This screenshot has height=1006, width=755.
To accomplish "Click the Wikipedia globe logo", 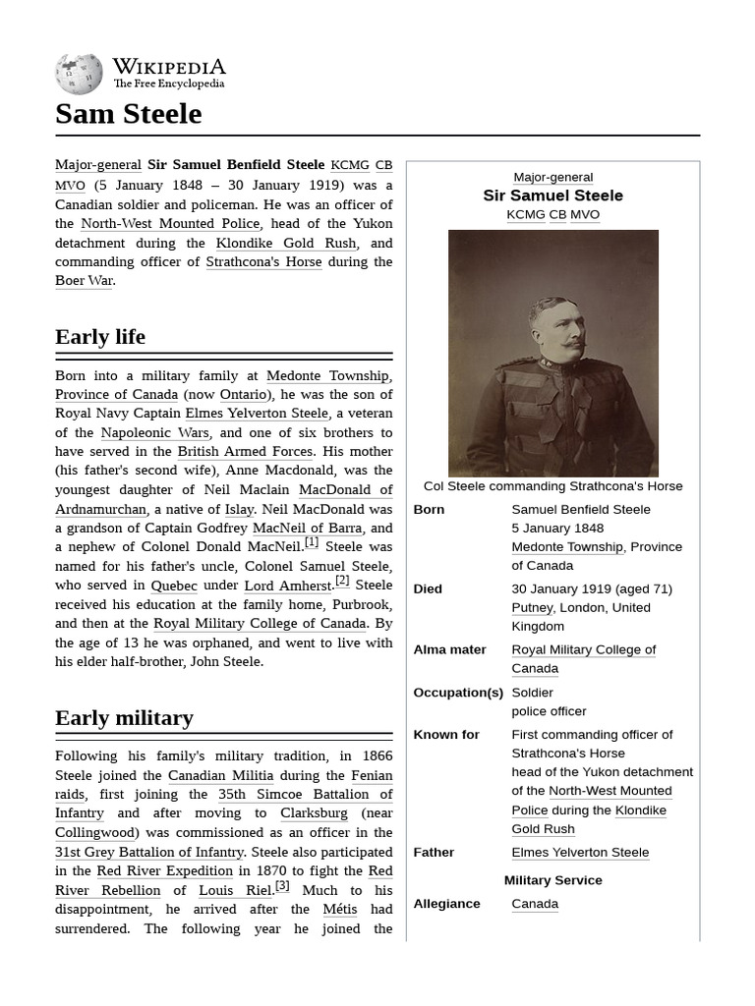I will click(x=79, y=74).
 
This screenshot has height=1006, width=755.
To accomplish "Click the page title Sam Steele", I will click(x=128, y=114).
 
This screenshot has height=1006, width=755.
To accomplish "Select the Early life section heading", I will click(x=100, y=337).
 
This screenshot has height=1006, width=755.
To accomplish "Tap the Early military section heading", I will click(x=124, y=718).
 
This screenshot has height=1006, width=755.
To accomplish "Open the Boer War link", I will click(x=84, y=281).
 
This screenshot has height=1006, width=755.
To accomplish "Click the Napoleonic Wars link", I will click(x=154, y=432).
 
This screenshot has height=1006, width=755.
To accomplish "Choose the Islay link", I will click(x=239, y=509).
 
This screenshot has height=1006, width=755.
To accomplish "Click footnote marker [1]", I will click(x=312, y=542).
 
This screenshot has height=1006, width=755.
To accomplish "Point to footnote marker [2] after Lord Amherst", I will click(x=342, y=581).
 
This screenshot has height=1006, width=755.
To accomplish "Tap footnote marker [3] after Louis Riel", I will click(x=282, y=885).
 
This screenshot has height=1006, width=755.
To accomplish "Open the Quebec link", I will click(x=174, y=586).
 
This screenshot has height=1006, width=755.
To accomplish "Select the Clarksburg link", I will click(x=314, y=813).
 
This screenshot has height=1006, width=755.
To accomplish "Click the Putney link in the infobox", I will click(x=533, y=608).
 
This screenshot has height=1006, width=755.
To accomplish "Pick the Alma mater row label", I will click(x=449, y=650).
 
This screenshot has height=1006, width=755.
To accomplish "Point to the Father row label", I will click(x=434, y=853).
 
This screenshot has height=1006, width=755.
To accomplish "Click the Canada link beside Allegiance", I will click(x=535, y=904).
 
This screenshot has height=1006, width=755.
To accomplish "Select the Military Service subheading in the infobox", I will click(x=552, y=880).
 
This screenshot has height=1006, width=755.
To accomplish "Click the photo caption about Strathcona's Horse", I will click(x=552, y=486).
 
